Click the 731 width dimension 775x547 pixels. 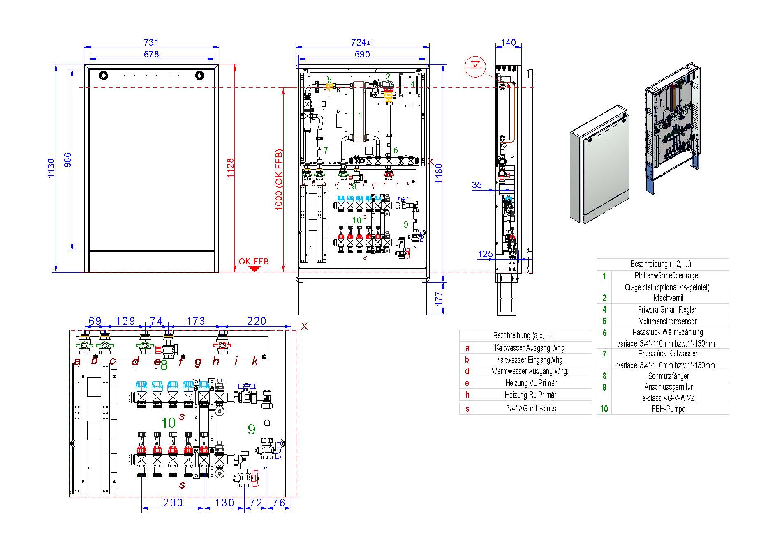tap(151, 42)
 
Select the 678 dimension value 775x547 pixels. tap(151, 54)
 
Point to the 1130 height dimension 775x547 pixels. tap(51, 168)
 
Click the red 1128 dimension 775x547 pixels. tap(230, 168)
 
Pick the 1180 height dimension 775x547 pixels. tap(439, 173)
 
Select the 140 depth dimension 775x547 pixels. tap(509, 42)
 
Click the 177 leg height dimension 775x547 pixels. tap(439, 296)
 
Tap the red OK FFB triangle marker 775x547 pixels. tap(254, 269)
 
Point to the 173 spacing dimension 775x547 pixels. tap(196, 321)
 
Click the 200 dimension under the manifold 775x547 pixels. tap(173, 502)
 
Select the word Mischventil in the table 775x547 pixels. tap(668, 298)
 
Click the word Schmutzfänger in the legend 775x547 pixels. tap(668, 376)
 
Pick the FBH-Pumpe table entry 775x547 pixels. tap(668, 409)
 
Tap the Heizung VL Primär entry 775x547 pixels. tap(530, 383)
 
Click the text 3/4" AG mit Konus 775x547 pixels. tap(530, 409)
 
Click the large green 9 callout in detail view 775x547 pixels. tap(252, 430)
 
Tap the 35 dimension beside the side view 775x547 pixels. tap(477, 185)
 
